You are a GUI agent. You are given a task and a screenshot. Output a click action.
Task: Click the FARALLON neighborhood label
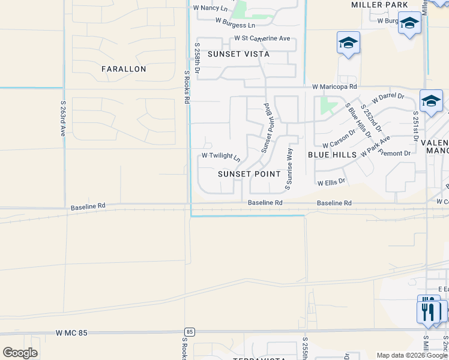coord(124,69)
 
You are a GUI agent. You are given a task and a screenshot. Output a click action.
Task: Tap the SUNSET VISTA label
coord(238,54)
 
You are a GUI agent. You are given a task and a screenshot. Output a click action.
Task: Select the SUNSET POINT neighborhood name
coord(249,174)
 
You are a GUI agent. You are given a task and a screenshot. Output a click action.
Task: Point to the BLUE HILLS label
coord(332,154)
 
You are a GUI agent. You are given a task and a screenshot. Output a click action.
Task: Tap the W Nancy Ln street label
coord(210,8)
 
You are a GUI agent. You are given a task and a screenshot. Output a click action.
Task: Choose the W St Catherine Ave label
coord(262,38)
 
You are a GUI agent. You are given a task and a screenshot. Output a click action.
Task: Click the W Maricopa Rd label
coord(334,86)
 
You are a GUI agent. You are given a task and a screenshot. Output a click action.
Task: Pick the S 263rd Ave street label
coord(62,118)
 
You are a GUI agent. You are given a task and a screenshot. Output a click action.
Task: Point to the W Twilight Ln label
coord(221,157)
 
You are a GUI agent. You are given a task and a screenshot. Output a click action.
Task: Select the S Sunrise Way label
coord(289,169)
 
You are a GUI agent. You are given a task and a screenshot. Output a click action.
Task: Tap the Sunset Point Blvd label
coord(267,127)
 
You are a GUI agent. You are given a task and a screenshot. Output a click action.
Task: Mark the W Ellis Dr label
coord(331,181)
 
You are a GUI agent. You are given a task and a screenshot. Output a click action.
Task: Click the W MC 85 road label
coord(71,332)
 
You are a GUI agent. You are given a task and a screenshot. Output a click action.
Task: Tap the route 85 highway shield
coord(190,331)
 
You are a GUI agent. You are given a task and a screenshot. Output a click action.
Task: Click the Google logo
coord(20,353)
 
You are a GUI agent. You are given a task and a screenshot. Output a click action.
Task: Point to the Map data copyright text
coord(412,355)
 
